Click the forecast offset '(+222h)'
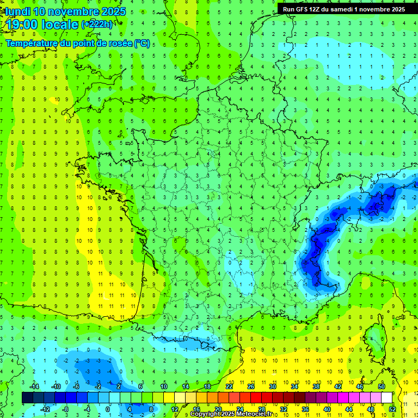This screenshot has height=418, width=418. click(97, 24)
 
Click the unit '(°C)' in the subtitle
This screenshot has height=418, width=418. click(142, 43)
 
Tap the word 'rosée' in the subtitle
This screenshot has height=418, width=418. click(119, 43)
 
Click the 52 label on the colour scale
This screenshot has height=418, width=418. click(392, 409)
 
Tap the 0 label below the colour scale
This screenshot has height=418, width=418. click(108, 409)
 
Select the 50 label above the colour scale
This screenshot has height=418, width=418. click(382, 386)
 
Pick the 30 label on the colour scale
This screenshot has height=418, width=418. click(272, 386)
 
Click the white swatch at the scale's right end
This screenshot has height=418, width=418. click(386, 398)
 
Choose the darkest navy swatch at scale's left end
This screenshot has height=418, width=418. click(27, 398)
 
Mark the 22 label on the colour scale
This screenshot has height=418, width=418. click(229, 386)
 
